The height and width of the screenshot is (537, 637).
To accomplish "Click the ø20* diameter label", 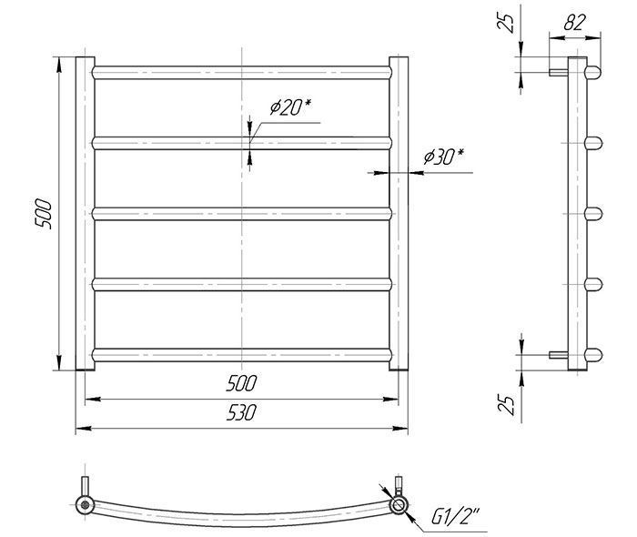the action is (x=290, y=107).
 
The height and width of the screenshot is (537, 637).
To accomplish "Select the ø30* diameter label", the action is (x=443, y=157).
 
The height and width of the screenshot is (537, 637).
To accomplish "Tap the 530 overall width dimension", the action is (x=241, y=412).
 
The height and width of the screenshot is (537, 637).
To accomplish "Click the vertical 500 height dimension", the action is (x=44, y=214).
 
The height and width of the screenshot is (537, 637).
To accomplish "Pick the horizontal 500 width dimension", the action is (x=241, y=383).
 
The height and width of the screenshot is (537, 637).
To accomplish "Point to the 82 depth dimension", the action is (x=574, y=23).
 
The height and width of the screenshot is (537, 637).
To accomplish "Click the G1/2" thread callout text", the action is (x=456, y=518).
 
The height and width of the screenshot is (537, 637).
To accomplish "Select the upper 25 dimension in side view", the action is (x=505, y=23).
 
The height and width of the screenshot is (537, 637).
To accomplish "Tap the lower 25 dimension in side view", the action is (x=506, y=405).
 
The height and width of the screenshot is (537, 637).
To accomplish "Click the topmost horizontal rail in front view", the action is (x=242, y=73).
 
